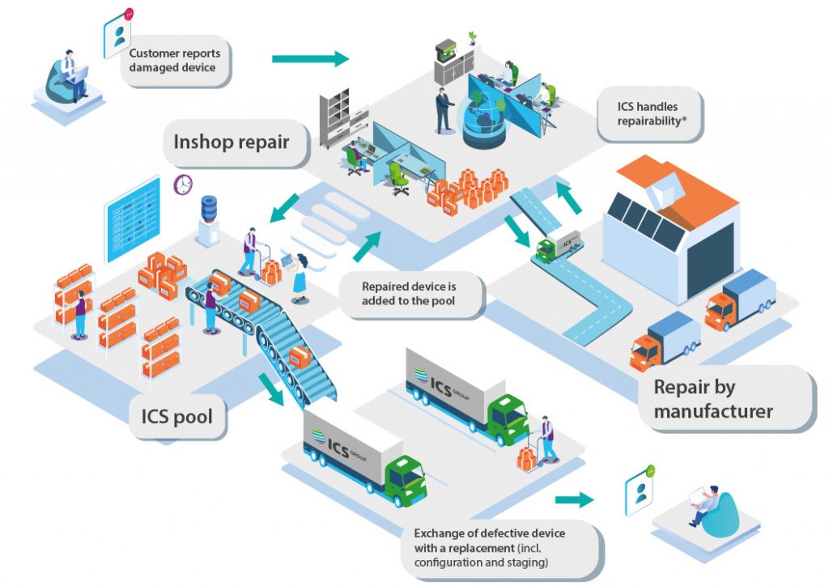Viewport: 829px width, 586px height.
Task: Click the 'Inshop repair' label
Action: pyautogui.click(x=231, y=143)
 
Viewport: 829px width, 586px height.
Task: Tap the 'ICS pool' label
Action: pyautogui.click(x=177, y=418)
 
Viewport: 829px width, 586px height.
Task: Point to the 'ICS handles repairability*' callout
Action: pyautogui.click(x=648, y=114)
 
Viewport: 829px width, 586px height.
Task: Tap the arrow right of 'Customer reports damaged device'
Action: pyautogui.click(x=309, y=59)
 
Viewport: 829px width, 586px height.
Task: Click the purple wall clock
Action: pyautogui.click(x=184, y=185)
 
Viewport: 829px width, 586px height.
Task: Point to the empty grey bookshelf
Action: pyautogui.click(x=334, y=117)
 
